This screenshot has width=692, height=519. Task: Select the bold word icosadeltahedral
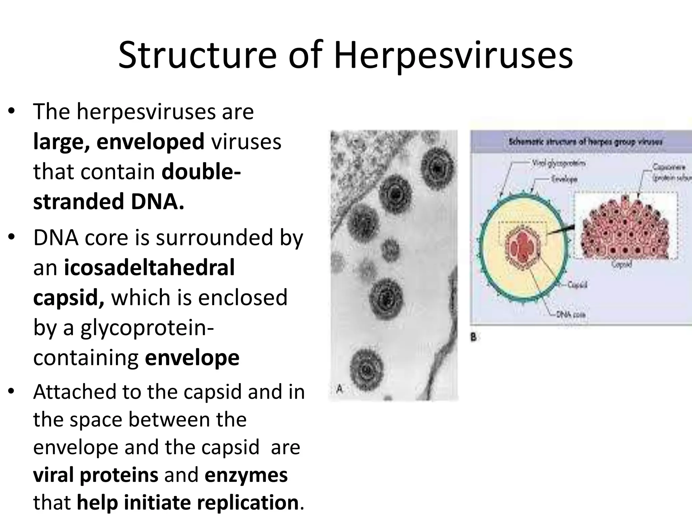pos(149,268)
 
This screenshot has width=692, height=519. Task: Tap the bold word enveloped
pos(150,142)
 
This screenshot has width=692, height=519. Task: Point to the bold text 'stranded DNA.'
pos(109,202)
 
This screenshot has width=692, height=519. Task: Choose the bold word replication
pos(248,502)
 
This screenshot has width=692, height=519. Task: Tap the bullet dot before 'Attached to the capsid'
pos(12,391)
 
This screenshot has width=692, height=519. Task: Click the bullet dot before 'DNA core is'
pos(12,237)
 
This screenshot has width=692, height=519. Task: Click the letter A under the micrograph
pos(340,389)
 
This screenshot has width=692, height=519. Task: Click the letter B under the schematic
pos(473,337)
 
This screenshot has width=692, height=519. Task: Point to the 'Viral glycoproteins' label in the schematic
pos(559,164)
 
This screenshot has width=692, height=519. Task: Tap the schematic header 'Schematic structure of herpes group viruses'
pos(585,142)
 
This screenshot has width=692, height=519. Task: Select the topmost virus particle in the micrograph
pos(438,167)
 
